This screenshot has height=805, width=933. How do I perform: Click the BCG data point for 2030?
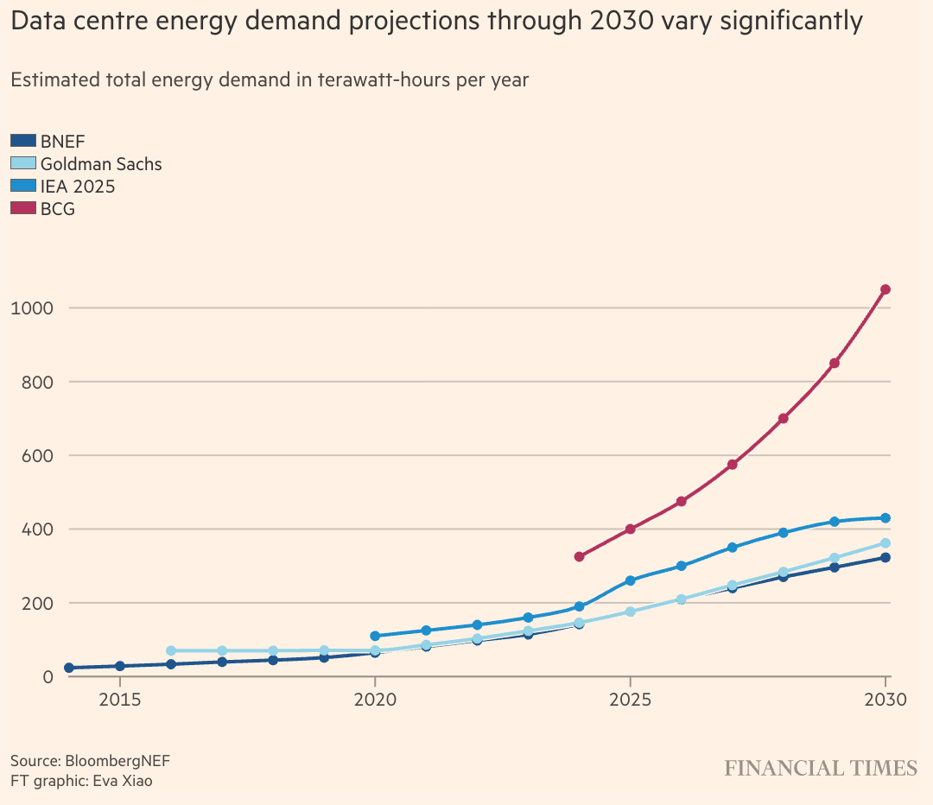click(885, 289)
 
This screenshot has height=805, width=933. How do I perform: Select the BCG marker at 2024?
click(579, 556)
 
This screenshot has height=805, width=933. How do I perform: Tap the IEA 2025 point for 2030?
click(885, 518)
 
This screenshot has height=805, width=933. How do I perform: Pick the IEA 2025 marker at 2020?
click(375, 636)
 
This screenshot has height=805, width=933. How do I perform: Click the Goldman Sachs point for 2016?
click(171, 650)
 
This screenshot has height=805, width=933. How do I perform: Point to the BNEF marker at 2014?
click(69, 668)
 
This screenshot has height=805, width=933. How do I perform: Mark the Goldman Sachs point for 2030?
click(885, 543)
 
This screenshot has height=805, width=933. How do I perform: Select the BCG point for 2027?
click(732, 465)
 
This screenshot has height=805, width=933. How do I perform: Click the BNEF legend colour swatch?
click(23, 141)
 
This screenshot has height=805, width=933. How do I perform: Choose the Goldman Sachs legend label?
click(101, 163)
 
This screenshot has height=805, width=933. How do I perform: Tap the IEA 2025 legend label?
click(78, 186)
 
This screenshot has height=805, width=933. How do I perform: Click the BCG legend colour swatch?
click(23, 208)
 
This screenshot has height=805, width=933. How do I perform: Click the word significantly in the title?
click(776, 22)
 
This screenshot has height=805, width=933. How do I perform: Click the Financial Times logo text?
click(821, 768)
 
